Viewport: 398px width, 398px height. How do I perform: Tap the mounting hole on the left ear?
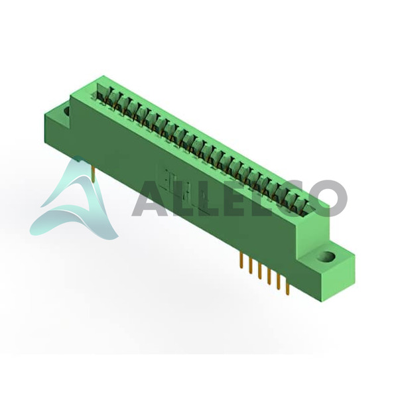click(x=68, y=111)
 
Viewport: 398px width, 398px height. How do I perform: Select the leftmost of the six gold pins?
click(x=240, y=260)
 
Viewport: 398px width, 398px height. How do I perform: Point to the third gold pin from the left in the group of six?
click(x=259, y=271)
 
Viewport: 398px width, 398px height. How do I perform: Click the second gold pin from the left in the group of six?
click(x=250, y=266)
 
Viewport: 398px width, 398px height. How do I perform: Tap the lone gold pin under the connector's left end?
click(x=94, y=174)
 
